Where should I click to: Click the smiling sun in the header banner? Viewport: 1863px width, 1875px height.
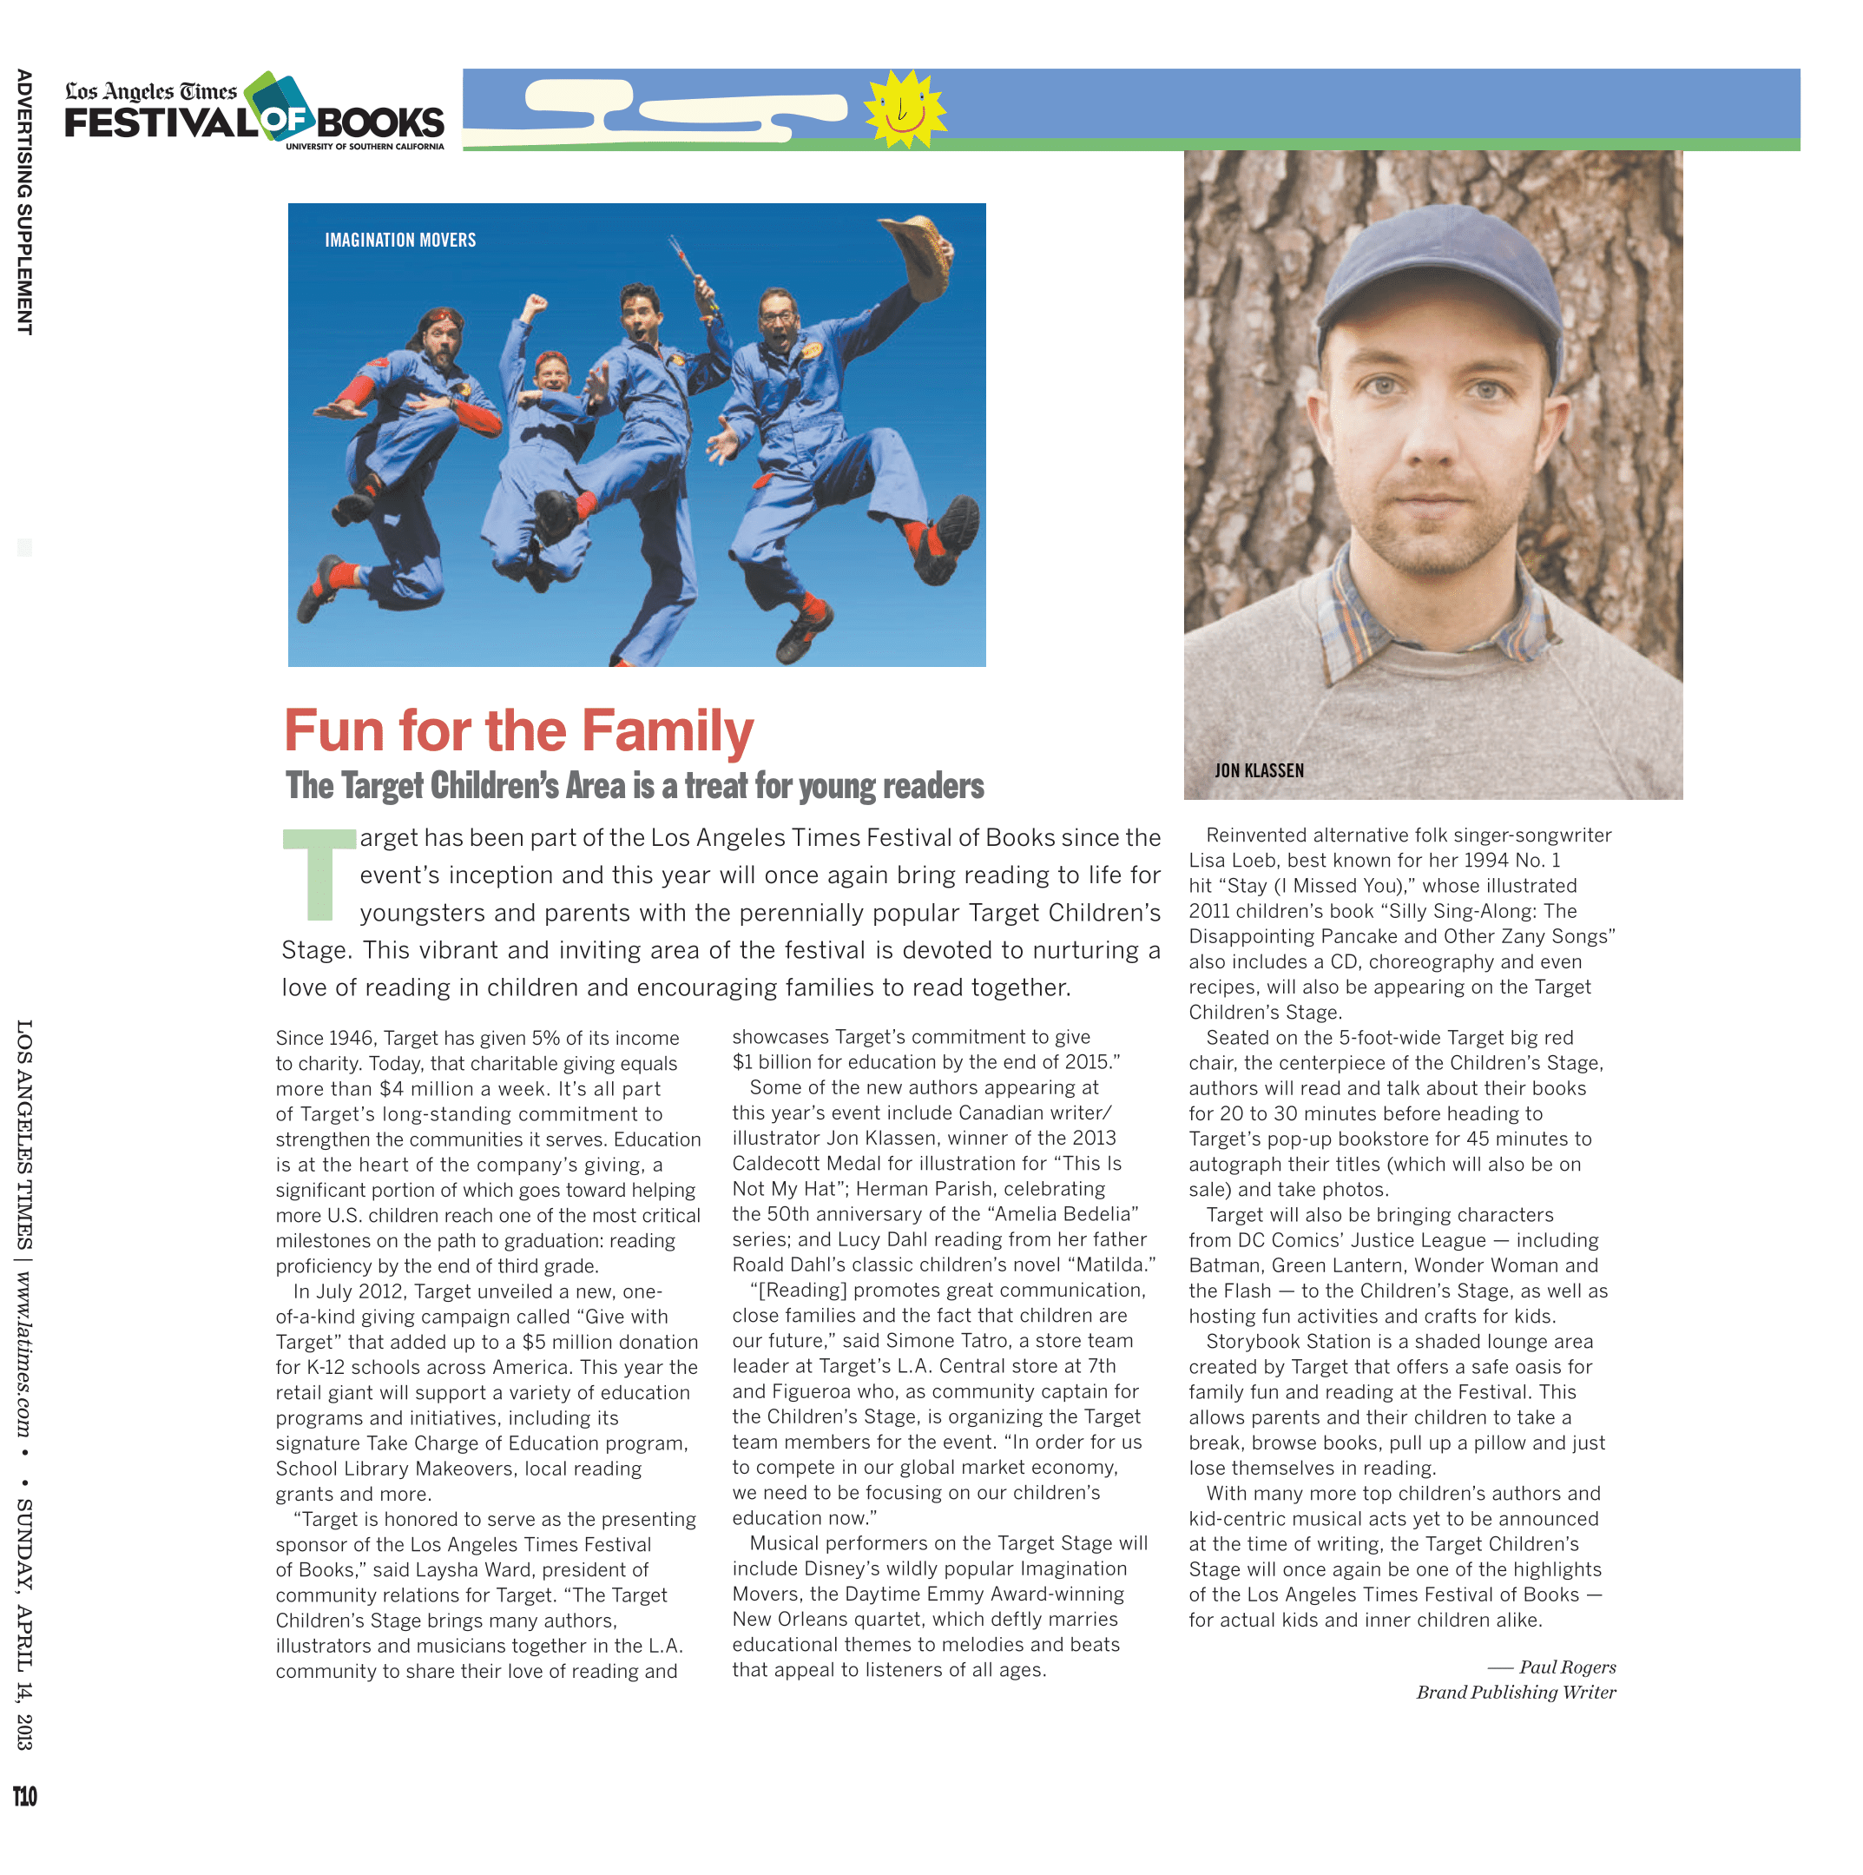[905, 109]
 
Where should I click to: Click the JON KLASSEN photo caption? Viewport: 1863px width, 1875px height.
[1259, 770]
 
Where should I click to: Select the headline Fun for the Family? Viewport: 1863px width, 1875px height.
[518, 730]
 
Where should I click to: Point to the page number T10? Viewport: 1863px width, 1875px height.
[25, 1796]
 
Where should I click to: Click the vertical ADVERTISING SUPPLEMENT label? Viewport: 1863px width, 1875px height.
[24, 201]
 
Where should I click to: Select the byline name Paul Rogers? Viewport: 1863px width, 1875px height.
[1566, 1667]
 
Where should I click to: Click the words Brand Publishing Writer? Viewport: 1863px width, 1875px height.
[1516, 1693]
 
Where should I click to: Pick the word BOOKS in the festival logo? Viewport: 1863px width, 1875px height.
[379, 123]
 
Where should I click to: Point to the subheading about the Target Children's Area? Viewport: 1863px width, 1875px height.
[634, 786]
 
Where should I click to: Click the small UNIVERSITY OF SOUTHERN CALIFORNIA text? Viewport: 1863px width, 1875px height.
[364, 147]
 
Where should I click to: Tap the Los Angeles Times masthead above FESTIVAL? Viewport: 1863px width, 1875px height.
[150, 91]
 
